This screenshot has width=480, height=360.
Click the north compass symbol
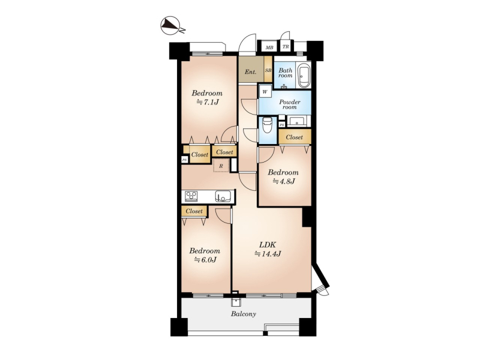[x=170, y=25]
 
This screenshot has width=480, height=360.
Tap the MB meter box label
[x=269, y=47]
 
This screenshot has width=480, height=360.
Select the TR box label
[x=286, y=47]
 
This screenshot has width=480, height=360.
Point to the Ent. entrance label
[x=250, y=72]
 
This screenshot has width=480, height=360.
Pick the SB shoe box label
[x=268, y=70]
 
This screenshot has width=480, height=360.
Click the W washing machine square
[x=265, y=92]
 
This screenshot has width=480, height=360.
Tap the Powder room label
[x=289, y=104]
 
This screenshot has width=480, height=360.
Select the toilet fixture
[x=267, y=125]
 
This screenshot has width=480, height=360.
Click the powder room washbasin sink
[x=296, y=121]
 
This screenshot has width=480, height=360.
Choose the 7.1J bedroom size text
[x=207, y=102]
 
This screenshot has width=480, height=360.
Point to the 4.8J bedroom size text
[x=283, y=181]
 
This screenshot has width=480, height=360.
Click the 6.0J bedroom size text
[x=205, y=260]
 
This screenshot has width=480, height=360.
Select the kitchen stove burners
[x=191, y=196]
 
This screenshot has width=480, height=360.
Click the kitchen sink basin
[x=223, y=196]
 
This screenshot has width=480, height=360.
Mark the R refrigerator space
[x=221, y=166]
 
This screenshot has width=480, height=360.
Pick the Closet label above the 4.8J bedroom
[x=294, y=137]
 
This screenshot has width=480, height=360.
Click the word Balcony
[x=244, y=314]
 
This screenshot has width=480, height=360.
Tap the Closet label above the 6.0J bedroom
[x=194, y=211]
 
